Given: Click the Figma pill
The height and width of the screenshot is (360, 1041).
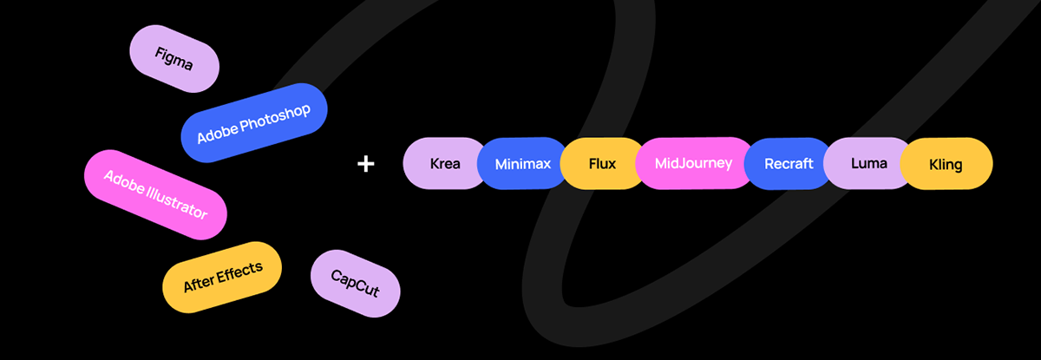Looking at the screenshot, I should coord(173,58).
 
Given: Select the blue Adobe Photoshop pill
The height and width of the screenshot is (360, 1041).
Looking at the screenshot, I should coord(253,122).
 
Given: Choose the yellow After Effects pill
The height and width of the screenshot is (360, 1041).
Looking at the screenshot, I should coord(223,276).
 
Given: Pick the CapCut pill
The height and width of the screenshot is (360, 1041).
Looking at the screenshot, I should coord(355,284).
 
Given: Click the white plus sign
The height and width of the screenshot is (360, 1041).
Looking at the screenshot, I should coord(366,163).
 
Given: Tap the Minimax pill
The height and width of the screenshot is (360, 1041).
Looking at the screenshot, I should coord(522,163).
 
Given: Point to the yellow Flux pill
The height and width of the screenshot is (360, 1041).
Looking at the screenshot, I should coord(601,163).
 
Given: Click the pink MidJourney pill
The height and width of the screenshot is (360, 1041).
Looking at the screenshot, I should coord(694,163).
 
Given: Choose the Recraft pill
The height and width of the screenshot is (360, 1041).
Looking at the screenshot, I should coord(789,163).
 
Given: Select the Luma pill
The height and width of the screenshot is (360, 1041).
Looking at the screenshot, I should coord(867,163).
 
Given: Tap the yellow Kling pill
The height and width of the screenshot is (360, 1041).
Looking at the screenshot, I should coord(946,163).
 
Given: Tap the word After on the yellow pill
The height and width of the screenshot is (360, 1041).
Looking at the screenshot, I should coord(199,284).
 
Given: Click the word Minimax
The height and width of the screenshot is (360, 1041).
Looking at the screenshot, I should coord(522,163).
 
